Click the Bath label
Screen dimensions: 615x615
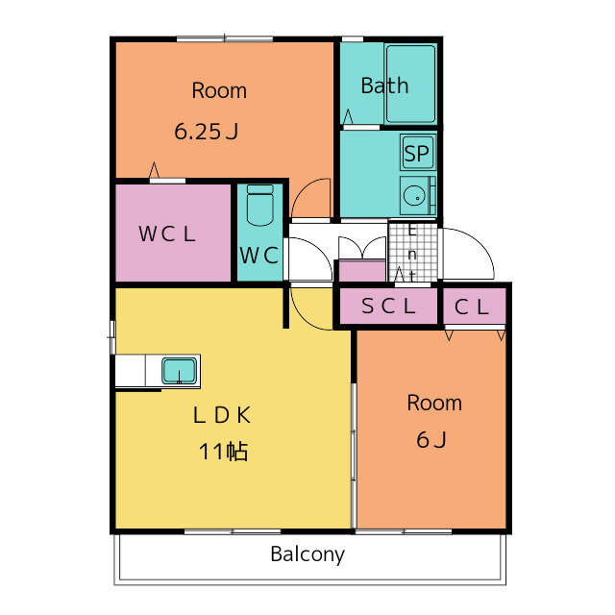[384, 86]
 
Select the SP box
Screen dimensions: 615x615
[417, 153]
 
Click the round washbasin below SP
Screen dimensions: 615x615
[416, 196]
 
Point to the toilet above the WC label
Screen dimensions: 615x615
[260, 204]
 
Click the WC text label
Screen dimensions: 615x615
[259, 256]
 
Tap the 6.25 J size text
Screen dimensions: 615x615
[206, 132]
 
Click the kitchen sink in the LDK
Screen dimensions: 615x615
[179, 369]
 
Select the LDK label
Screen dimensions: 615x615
[222, 416]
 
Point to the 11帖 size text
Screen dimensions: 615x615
[224, 451]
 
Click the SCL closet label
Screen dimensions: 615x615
[388, 307]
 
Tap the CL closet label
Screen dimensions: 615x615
[473, 307]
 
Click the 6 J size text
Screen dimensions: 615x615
[431, 440]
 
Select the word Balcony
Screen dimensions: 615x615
[307, 554]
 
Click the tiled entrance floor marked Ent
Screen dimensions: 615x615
[410, 253]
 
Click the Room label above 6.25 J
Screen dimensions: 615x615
[219, 91]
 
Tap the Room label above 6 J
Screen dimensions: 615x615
[433, 403]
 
